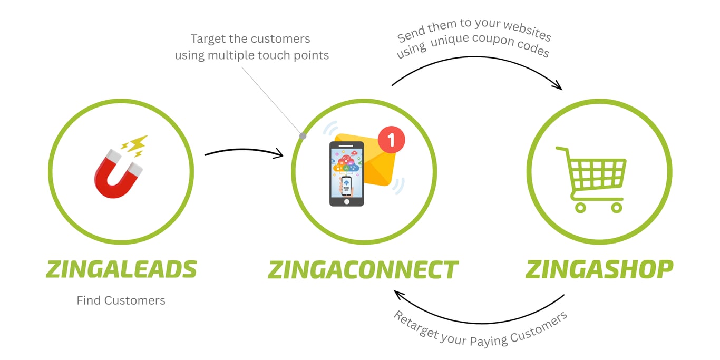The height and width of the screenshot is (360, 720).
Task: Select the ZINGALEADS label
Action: [x=121, y=269]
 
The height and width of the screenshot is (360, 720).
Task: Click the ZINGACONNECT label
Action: [x=363, y=270]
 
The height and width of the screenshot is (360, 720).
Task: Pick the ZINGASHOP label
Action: [x=599, y=269]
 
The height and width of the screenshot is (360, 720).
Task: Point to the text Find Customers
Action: [x=121, y=300]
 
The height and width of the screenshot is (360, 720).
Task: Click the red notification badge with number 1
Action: [x=391, y=140]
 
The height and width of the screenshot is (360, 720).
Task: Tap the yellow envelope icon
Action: [x=377, y=163]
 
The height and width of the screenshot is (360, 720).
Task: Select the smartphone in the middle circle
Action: [x=346, y=174]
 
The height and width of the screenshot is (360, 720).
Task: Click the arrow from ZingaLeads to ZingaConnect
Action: [x=244, y=152]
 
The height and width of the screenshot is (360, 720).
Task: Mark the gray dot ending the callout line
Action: [x=303, y=136]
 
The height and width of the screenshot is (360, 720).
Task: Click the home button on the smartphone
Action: [x=346, y=201]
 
